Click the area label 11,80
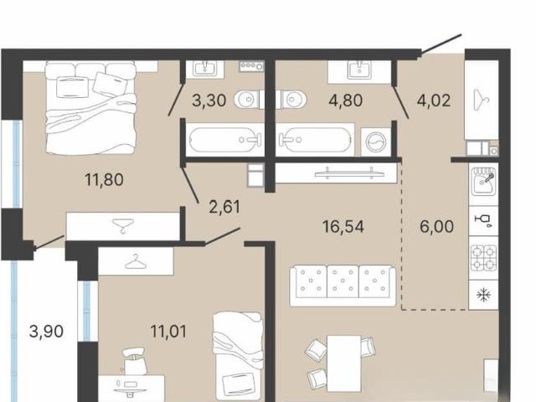coord(104,180)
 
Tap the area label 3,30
coord(209,100)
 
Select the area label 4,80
coord(345,100)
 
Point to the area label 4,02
coord(434,100)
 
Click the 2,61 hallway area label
coord(224,207)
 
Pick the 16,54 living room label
coord(343,227)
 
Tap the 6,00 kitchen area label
coord(436,227)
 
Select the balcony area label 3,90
coord(46,332)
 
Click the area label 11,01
coord(168,332)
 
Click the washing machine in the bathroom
coord(376,142)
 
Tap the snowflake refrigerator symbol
coord(484,295)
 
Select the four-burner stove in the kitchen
coord(484,258)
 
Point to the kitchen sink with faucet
coord(484,181)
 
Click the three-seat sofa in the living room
coord(343,286)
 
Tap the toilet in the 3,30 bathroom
coord(248,100)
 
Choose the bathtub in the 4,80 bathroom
coord(316,140)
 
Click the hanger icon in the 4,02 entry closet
coord(482,100)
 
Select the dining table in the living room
coord(344,363)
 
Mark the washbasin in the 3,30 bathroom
coord(204,69)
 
